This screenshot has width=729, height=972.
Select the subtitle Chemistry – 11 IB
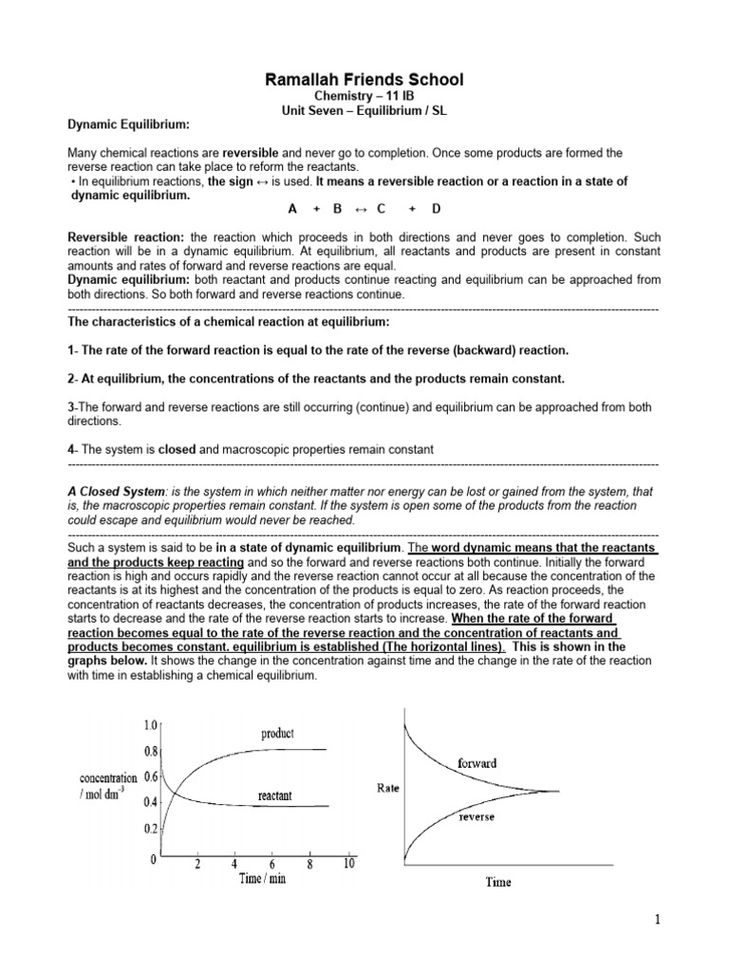(364, 98)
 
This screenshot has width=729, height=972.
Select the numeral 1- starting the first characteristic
(73, 351)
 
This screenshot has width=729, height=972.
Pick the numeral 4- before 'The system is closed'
(73, 450)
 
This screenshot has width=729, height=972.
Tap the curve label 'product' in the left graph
(277, 734)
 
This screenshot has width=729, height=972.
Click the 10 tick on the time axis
(348, 864)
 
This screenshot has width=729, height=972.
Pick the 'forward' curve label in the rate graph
(477, 762)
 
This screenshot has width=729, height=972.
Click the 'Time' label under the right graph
(497, 882)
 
